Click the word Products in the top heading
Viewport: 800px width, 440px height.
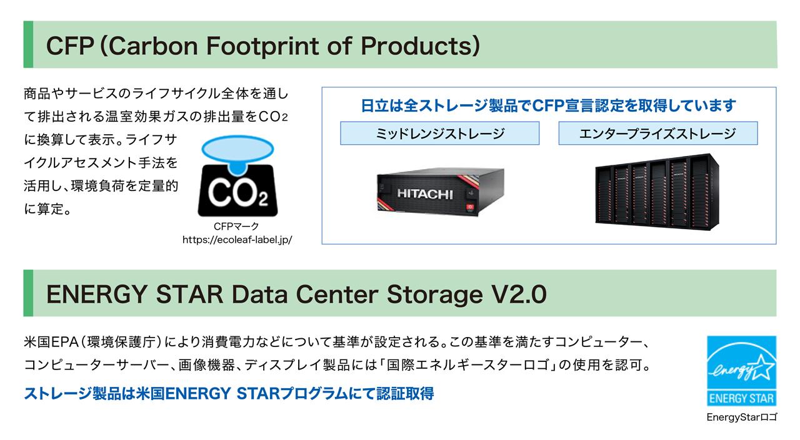[416, 46]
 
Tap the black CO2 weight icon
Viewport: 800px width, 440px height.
[237, 191]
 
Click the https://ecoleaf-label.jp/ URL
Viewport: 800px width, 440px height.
[237, 240]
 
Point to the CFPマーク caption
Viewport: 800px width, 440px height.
[236, 227]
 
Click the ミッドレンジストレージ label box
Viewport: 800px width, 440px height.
[439, 134]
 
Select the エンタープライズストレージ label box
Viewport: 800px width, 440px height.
[658, 134]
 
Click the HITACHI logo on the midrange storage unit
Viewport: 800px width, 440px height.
[425, 194]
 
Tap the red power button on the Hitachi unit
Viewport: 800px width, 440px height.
[470, 207]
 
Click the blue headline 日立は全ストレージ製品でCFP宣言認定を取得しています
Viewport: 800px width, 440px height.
[548, 105]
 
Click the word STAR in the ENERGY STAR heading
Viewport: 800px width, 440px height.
[189, 295]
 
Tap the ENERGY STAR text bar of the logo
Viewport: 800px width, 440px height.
[741, 398]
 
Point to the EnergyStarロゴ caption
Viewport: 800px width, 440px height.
[741, 417]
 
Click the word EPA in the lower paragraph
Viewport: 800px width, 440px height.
[64, 342]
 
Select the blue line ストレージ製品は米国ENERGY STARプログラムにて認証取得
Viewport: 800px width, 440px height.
[229, 394]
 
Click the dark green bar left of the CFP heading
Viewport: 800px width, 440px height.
[28, 44]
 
